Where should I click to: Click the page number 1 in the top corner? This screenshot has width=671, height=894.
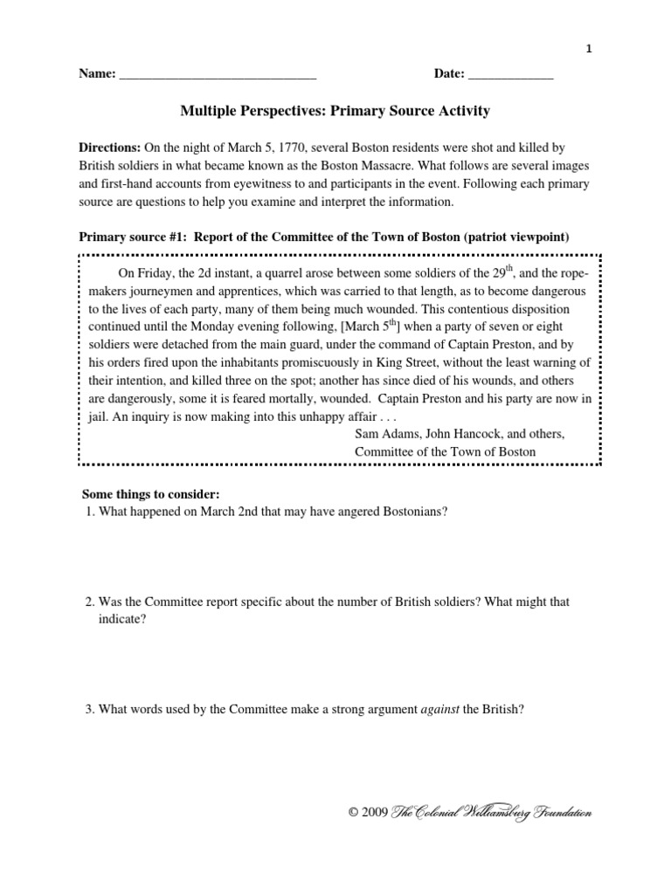point(589,50)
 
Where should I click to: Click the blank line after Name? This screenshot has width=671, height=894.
point(217,75)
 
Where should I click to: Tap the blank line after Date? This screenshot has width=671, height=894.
point(510,75)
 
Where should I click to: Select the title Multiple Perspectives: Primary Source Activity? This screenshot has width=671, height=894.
point(335,111)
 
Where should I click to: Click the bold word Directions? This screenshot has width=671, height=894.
point(110,149)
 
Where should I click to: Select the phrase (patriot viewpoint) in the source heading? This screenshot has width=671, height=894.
point(522,236)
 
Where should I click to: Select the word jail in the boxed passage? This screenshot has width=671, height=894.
point(93,416)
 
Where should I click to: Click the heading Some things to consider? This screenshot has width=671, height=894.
point(145,495)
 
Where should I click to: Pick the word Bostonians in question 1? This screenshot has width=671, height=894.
point(415,512)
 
